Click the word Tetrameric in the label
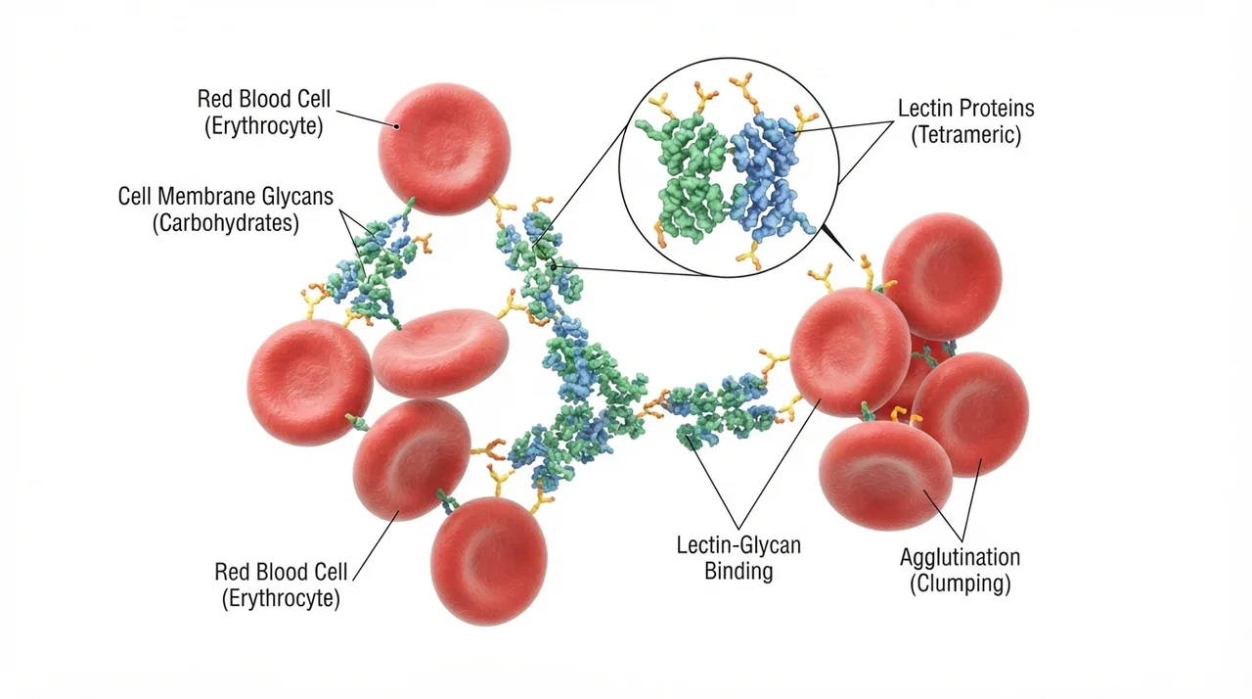[x=965, y=135]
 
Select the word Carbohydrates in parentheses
[x=226, y=223]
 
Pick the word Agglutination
[x=960, y=557]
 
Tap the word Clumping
[x=961, y=583]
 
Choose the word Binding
[x=738, y=572]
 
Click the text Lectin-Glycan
[x=738, y=545]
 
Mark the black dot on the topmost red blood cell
[x=397, y=126]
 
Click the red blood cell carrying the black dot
[x=444, y=149]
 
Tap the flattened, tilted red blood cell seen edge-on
[x=440, y=352]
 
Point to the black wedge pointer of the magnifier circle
[x=837, y=242]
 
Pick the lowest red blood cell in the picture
[x=488, y=561]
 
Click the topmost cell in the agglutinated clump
[x=942, y=276]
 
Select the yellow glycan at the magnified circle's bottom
[x=750, y=257]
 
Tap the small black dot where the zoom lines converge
[x=554, y=267]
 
